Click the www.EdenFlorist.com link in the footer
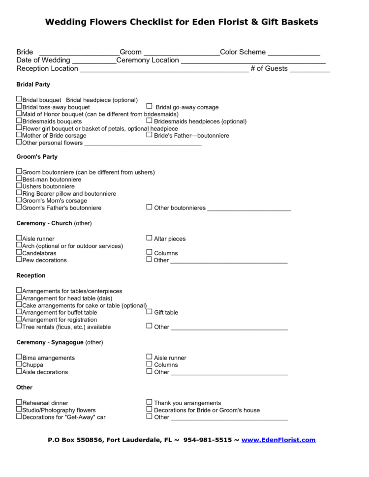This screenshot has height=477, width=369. pyautogui.click(x=278, y=440)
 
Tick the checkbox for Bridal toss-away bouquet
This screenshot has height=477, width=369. pyautogui.click(x=19, y=106)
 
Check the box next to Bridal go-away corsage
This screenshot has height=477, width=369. pyautogui.click(x=149, y=106)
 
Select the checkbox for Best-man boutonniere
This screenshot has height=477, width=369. pyautogui.click(x=19, y=179)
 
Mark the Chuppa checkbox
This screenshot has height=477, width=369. pyautogui.click(x=19, y=364)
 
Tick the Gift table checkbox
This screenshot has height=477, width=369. pyautogui.click(x=149, y=312)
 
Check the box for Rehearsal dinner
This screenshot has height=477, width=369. pyautogui.click(x=19, y=402)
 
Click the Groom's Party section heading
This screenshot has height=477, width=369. pyautogui.click(x=37, y=157)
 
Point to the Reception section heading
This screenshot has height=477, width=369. pyautogui.click(x=31, y=275)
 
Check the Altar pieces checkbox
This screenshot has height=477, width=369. pyautogui.click(x=149, y=238)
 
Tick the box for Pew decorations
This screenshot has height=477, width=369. pyautogui.click(x=19, y=259)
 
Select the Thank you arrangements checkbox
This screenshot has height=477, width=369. pyautogui.click(x=149, y=402)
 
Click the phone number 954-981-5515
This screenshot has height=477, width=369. pyautogui.click(x=208, y=440)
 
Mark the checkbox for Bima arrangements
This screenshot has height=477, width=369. pyautogui.click(x=19, y=357)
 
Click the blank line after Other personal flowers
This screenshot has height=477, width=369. pyautogui.click(x=143, y=145)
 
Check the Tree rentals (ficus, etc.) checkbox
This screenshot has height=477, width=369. pyautogui.click(x=19, y=326)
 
